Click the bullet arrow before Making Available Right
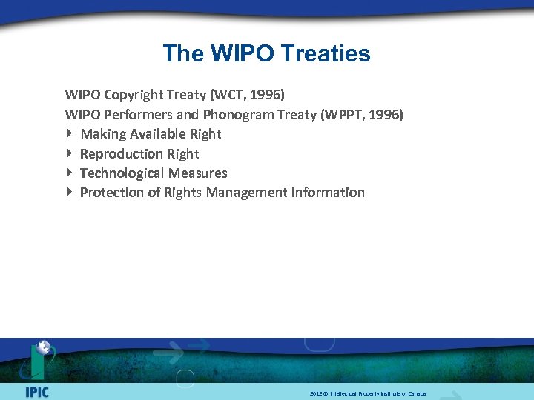[x=69, y=134]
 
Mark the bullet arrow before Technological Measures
[x=69, y=173]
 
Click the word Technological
[x=122, y=173]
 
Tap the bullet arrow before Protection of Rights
[x=69, y=192]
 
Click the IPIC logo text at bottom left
[x=36, y=391]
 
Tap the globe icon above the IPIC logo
[x=44, y=347]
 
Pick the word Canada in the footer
[x=417, y=393]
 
